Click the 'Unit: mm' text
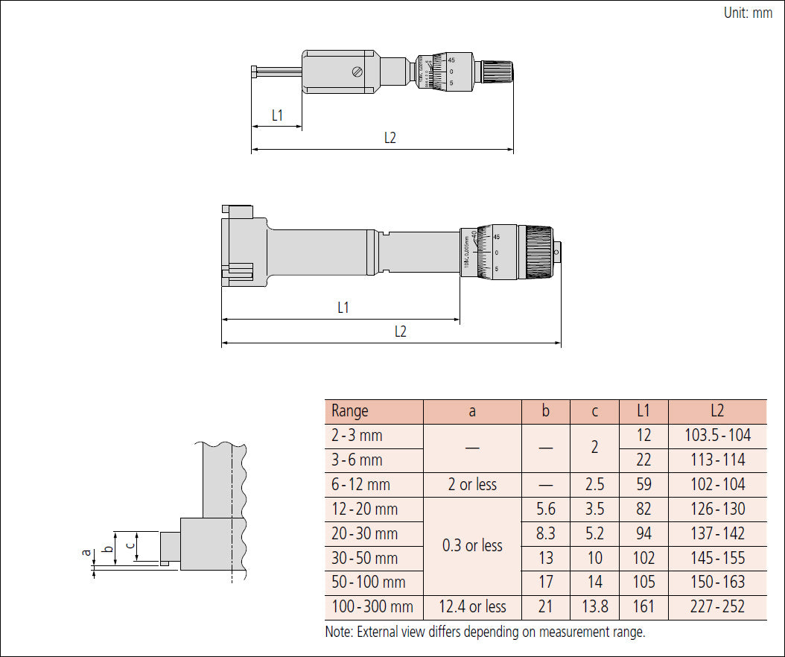tap(748, 13)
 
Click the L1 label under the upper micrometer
tap(277, 115)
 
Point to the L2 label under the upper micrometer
tap(390, 138)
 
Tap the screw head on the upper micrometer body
tap(357, 72)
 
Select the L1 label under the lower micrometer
tap(343, 308)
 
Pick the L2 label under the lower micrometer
tap(401, 332)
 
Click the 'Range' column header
tap(350, 411)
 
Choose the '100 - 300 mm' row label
tap(372, 607)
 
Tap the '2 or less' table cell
tap(472, 485)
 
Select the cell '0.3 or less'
tap(472, 546)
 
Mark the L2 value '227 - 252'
tap(717, 607)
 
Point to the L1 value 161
tap(643, 607)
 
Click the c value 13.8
tap(594, 607)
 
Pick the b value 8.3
tap(546, 534)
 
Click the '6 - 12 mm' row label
tap(361, 485)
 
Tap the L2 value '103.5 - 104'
tap(717, 436)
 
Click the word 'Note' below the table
tap(339, 632)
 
